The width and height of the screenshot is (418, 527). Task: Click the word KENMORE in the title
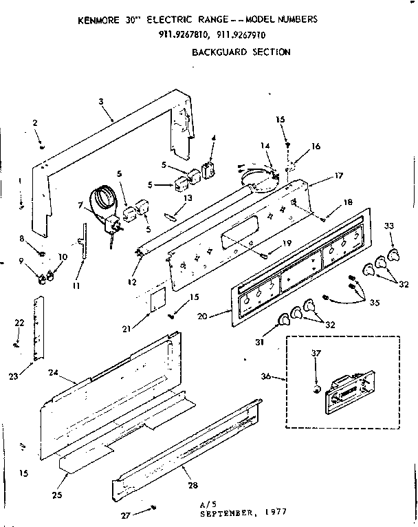pyautogui.click(x=101, y=21)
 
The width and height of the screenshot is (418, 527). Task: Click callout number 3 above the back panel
pyautogui.click(x=101, y=102)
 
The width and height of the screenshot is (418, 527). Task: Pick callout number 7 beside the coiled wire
pyautogui.click(x=80, y=206)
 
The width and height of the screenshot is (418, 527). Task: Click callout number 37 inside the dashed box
pyautogui.click(x=316, y=354)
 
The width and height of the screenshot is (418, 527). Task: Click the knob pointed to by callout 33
pyautogui.click(x=393, y=255)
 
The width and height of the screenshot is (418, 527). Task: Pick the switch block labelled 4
pyautogui.click(x=208, y=169)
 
